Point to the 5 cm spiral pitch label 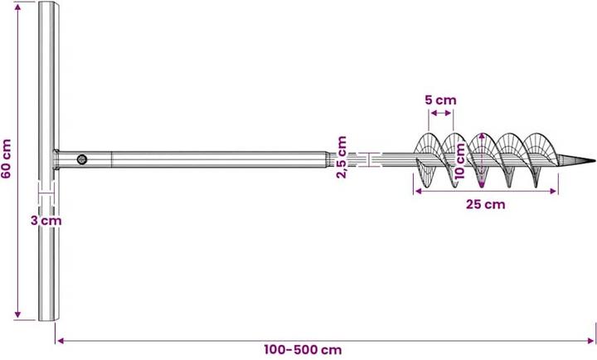pyautogui.click(x=440, y=100)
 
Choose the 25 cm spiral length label pyautogui.click(x=485, y=204)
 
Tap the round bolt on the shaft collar pyautogui.click(x=81, y=159)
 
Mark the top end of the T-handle pyautogui.click(x=48, y=5)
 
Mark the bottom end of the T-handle pyautogui.click(x=48, y=319)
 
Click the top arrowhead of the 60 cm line pyautogui.click(x=17, y=4)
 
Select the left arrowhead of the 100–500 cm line pyautogui.click(x=58, y=339)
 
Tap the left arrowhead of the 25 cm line pyautogui.click(x=416, y=191)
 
